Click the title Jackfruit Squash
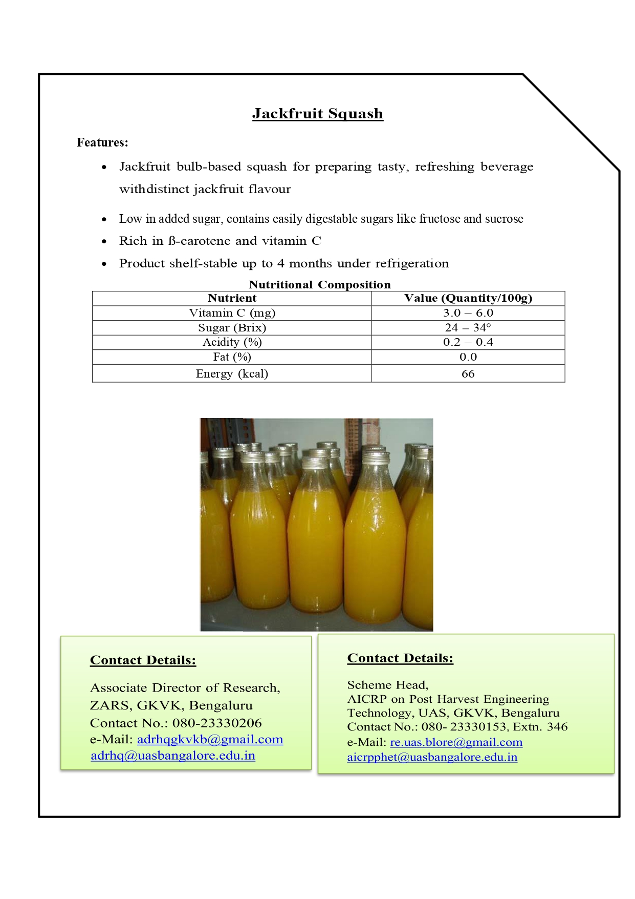coord(317,113)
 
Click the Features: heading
coord(102,142)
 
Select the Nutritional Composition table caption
coord(319,284)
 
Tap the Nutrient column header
coord(232,298)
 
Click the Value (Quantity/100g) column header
coord(468,298)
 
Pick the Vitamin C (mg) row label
coord(232,313)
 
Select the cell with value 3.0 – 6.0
coord(468,313)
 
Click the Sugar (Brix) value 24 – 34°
coord(468,328)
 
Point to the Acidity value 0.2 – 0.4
coord(468,342)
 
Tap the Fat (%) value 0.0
coord(468,357)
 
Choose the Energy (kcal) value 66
coord(468,373)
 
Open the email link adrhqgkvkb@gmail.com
coord(210,739)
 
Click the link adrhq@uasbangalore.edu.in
coord(173,756)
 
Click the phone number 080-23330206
coord(217,723)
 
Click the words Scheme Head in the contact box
coord(387,685)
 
